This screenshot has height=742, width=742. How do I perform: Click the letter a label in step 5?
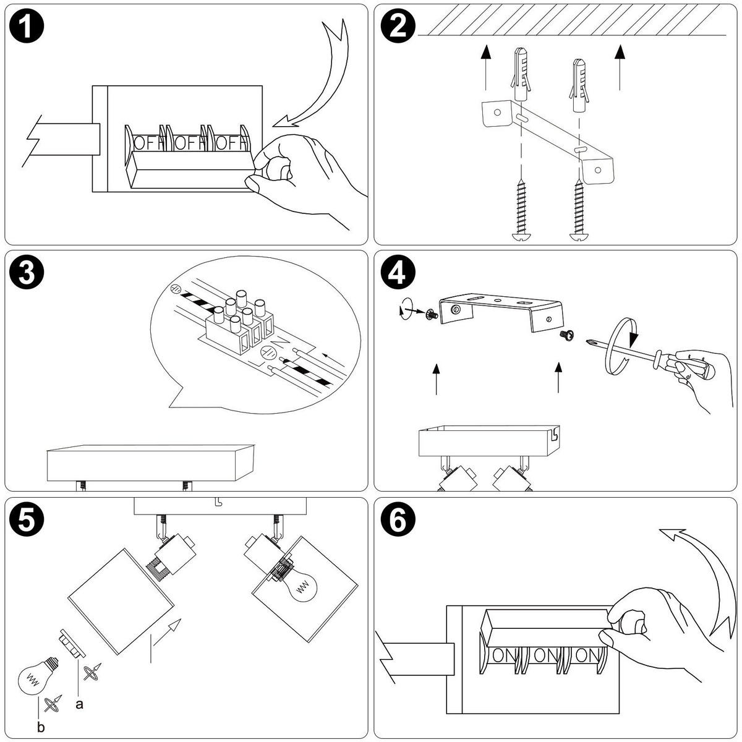click(79, 704)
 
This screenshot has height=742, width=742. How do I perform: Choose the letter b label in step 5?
click(41, 728)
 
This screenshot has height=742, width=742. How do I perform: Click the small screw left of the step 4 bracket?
click(430, 314)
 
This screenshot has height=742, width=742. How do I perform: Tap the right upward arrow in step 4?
click(559, 378)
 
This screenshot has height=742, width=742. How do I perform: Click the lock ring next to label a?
click(71, 644)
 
